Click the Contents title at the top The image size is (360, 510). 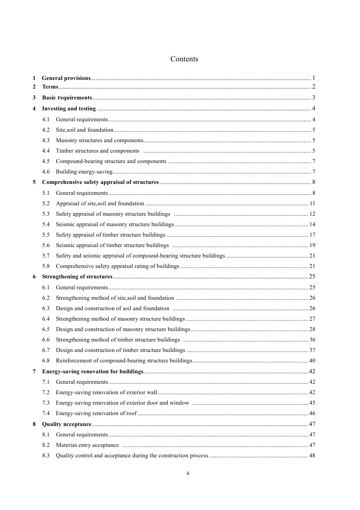pyautogui.click(x=184, y=59)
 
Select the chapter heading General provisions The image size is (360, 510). pyautogui.click(x=66, y=78)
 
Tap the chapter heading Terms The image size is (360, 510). pyautogui.click(x=50, y=87)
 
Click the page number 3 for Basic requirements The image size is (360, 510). pyautogui.click(x=313, y=98)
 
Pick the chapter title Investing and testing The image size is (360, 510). pyautogui.click(x=69, y=109)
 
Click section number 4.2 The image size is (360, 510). pyautogui.click(x=46, y=130)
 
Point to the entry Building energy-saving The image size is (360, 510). pyautogui.click(x=84, y=172)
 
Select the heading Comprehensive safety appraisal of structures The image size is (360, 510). pyautogui.click(x=100, y=182)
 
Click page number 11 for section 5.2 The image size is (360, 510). pyautogui.click(x=312, y=203)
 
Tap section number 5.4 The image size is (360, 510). pyautogui.click(x=46, y=224)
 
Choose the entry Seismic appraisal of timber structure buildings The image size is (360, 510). pyautogui.click(x=112, y=245)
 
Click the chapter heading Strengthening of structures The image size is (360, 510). pyautogui.click(x=77, y=277)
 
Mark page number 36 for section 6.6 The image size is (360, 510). pyautogui.click(x=312, y=340)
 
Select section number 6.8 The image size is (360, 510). pyautogui.click(x=46, y=361)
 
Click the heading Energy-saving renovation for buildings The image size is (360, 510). pyautogui.click(x=93, y=371)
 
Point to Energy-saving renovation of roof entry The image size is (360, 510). pyautogui.click(x=96, y=413)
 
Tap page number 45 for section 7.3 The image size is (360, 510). pyautogui.click(x=312, y=403)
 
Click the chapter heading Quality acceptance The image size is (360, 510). pyautogui.click(x=67, y=424)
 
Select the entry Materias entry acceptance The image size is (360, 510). pyautogui.click(x=87, y=445)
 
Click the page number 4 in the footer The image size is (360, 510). pyautogui.click(x=188, y=473)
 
